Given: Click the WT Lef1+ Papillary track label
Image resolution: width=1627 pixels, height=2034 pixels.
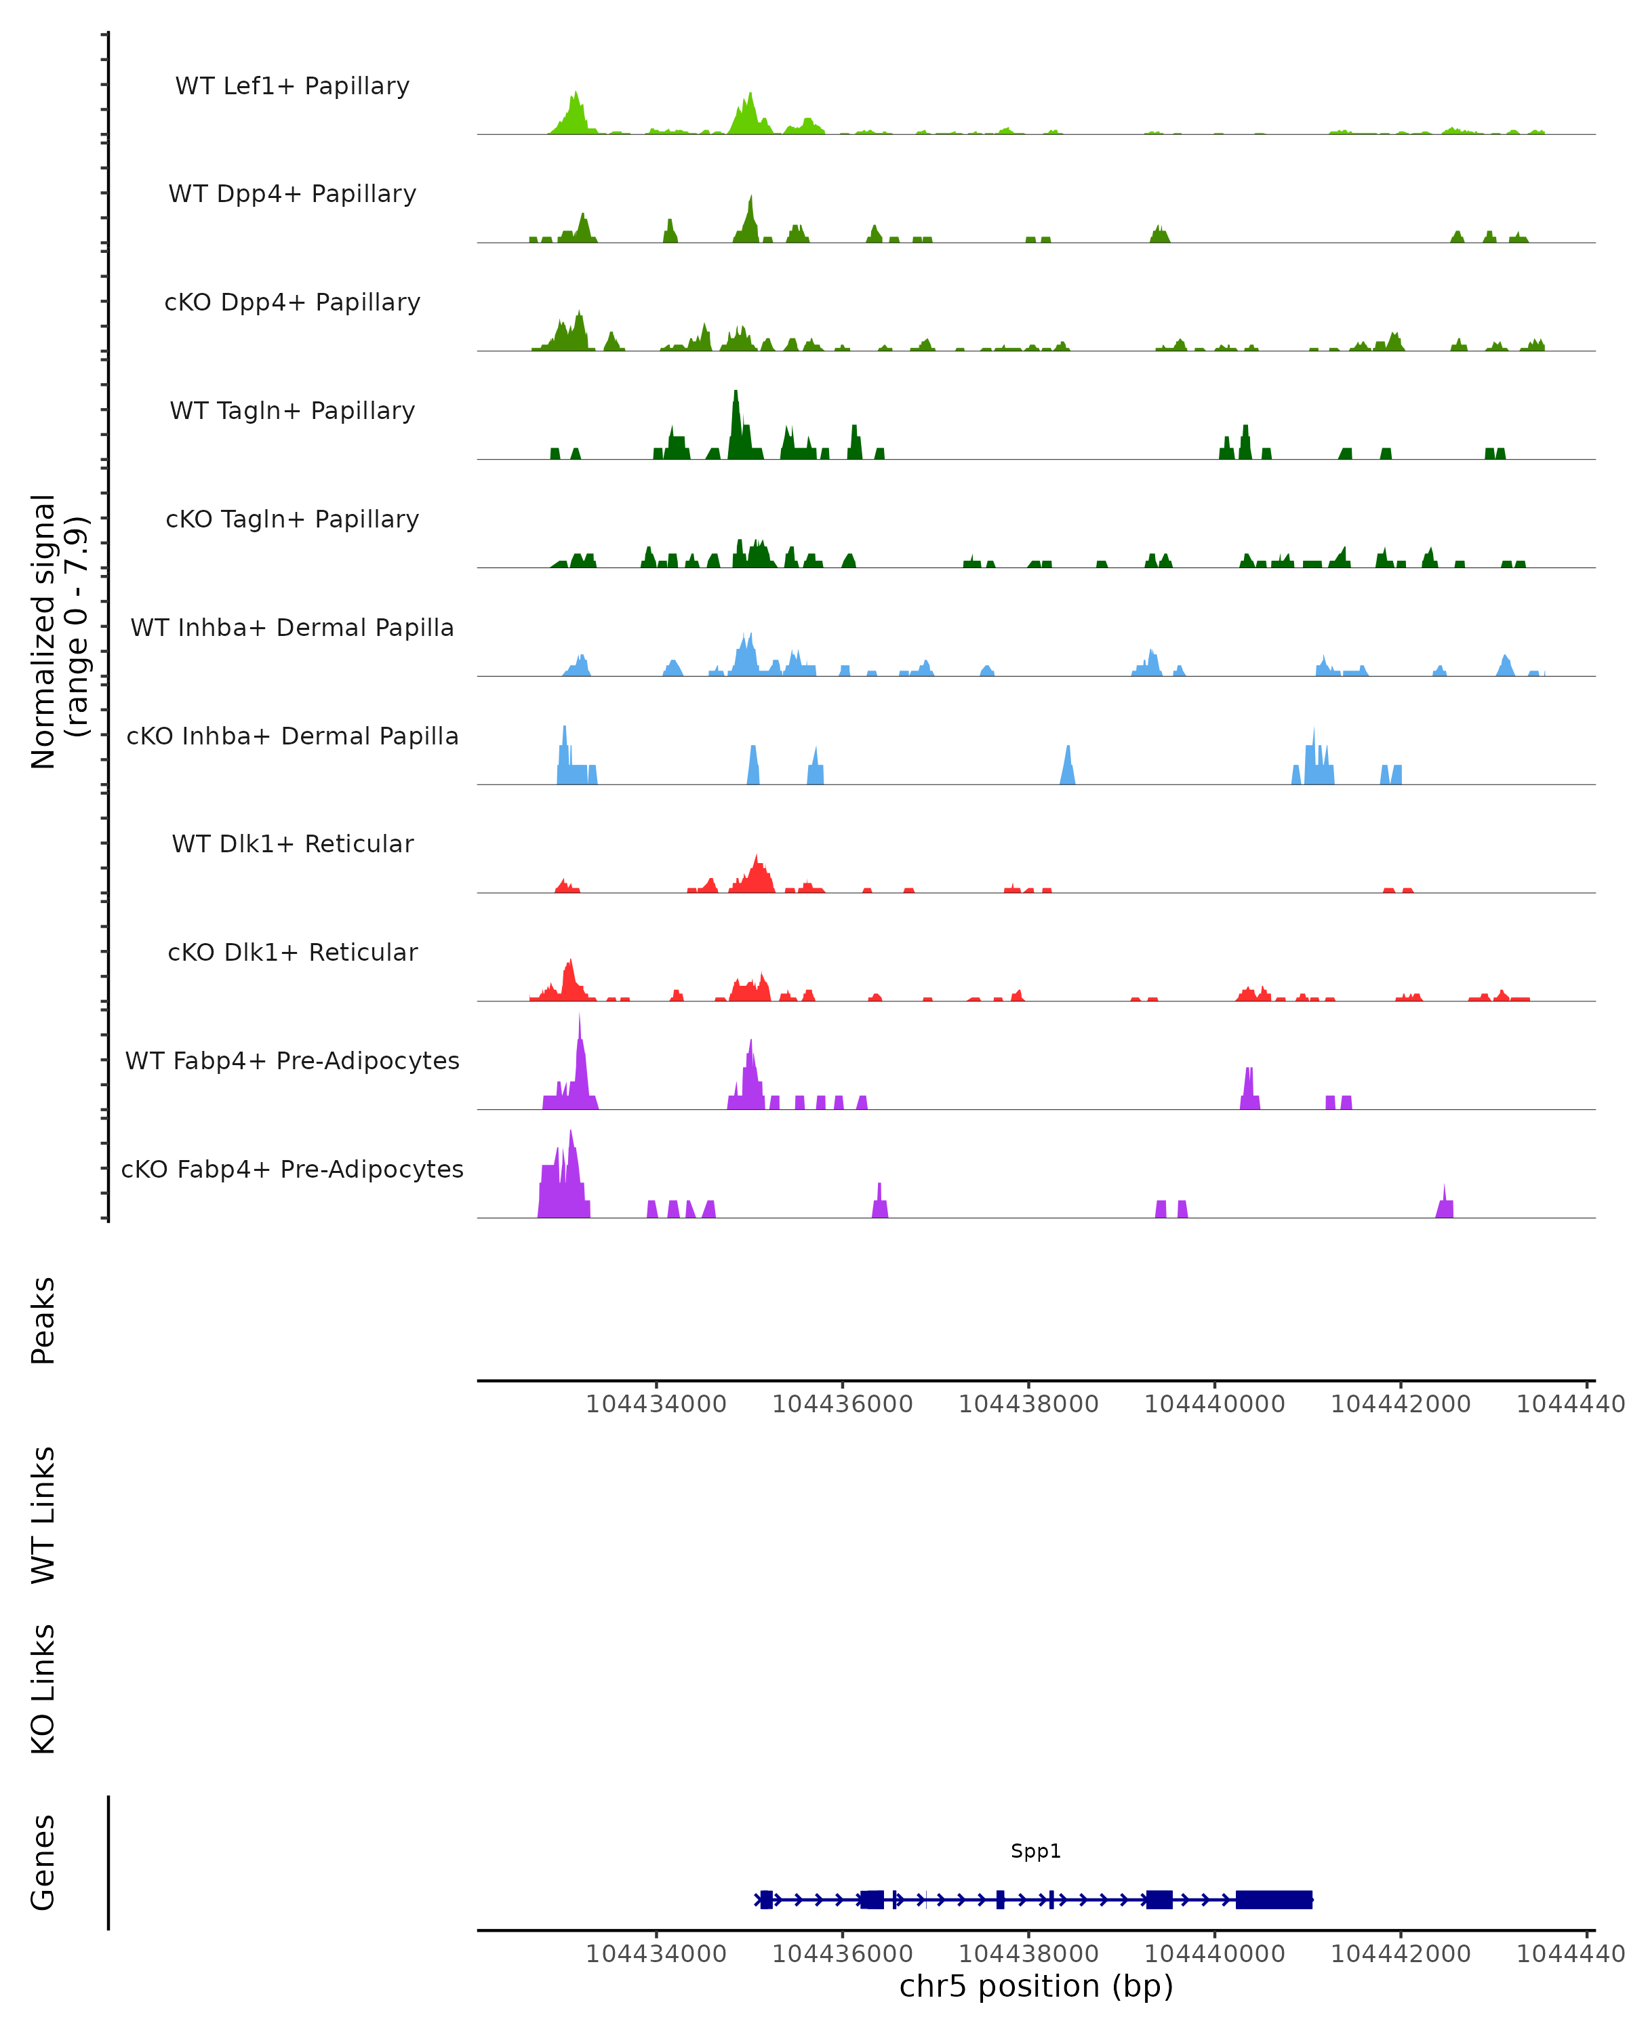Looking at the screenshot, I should [x=292, y=86].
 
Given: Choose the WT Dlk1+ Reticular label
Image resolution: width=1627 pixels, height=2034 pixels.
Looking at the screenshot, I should [x=292, y=843].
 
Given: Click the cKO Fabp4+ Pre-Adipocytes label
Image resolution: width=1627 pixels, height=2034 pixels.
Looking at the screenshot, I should [x=292, y=1169].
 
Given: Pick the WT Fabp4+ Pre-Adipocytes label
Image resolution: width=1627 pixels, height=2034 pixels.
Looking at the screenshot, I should [x=292, y=1060].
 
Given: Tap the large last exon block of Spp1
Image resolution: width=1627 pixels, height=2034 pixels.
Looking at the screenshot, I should [x=1273, y=1899].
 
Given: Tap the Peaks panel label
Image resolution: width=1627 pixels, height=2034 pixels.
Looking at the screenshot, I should [x=43, y=1320].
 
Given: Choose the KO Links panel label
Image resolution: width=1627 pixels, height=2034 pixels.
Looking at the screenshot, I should [x=43, y=1689].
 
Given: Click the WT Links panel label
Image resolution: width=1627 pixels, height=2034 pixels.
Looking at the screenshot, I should [x=43, y=1514].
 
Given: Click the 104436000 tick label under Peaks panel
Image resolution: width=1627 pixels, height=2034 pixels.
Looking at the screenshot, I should [x=842, y=1404].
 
